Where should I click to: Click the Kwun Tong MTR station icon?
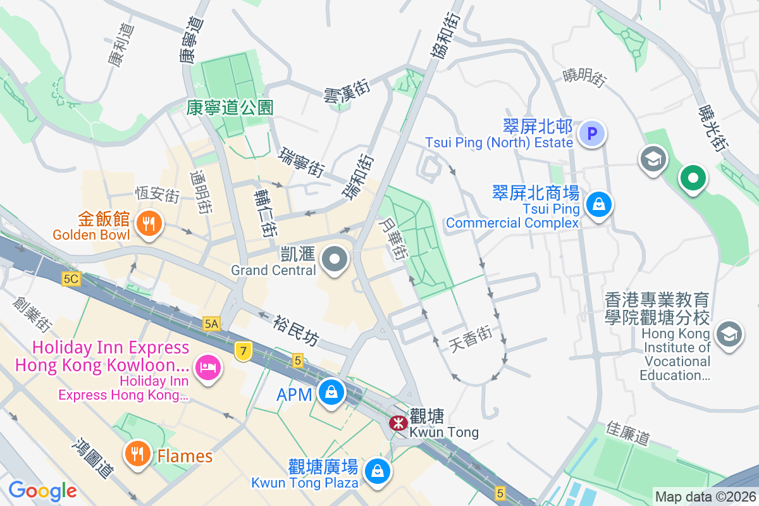(398, 423)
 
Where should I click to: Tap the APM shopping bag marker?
(331, 392)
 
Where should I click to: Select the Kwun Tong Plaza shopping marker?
(378, 471)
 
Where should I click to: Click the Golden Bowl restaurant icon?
(149, 223)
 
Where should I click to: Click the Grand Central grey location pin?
(334, 259)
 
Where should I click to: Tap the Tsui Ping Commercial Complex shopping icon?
(598, 204)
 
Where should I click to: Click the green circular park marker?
(693, 178)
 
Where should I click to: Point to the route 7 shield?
(242, 351)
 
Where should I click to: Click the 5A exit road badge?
(211, 324)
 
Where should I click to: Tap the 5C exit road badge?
(71, 278)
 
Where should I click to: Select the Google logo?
(42, 490)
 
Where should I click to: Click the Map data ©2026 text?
(705, 497)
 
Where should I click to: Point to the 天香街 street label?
(470, 338)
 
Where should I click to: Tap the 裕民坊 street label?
(296, 331)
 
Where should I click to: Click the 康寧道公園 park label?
(230, 108)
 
